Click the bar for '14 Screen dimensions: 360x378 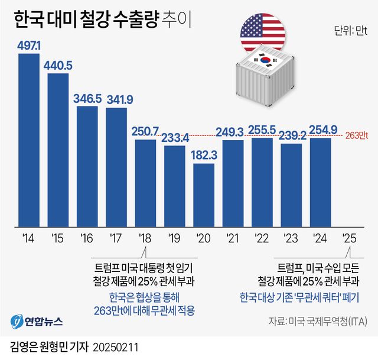[x=29, y=142]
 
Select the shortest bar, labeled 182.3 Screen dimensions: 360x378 [x=203, y=195]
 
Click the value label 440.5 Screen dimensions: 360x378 [x=58, y=66]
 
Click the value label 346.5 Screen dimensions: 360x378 [x=87, y=99]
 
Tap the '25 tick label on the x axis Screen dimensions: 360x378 [x=350, y=238]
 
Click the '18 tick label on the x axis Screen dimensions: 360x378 [x=145, y=238]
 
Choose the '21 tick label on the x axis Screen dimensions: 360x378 [x=232, y=238]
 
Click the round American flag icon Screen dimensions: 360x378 [x=262, y=33]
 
